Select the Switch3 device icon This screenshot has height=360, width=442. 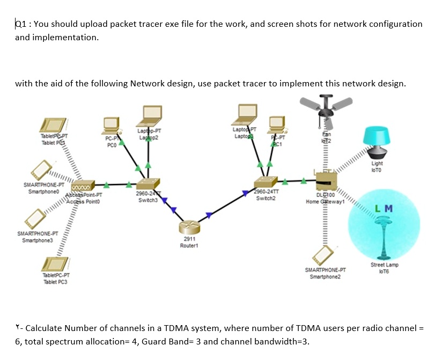(146, 184)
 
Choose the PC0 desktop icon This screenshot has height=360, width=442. (112, 124)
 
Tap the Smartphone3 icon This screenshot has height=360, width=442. (34, 217)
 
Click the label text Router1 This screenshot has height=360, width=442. (189, 245)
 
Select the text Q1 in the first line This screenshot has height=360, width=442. (20, 24)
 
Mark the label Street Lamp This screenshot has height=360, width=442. (384, 265)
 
